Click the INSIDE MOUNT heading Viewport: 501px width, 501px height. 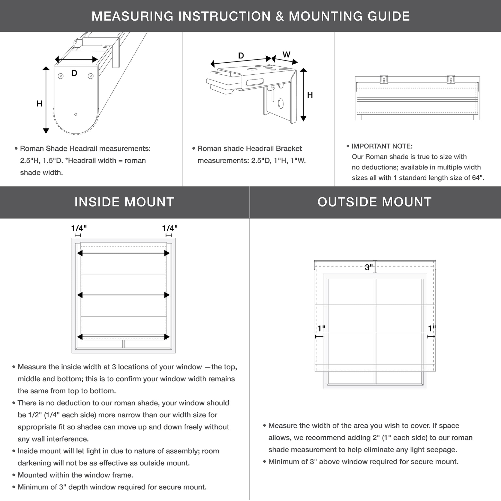pos(124,202)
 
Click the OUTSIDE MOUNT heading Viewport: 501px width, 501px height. pos(374,202)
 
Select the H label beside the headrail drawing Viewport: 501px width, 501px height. pos(39,104)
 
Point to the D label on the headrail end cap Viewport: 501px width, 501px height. pos(74,73)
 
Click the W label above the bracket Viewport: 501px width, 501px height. pos(286,55)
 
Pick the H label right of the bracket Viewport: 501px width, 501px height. pos(310,95)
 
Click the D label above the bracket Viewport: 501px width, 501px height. pos(241,56)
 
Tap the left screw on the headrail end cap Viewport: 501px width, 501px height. pos(61,76)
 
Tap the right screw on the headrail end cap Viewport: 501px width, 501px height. pos(91,76)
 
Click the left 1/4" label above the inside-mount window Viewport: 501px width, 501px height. pos(79,228)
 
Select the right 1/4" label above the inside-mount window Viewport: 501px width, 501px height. pos(170,228)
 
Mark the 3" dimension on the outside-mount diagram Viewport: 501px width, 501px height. pos(368,267)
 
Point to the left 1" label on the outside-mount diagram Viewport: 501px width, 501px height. pos(321,329)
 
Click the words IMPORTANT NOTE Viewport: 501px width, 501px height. pos(382,146)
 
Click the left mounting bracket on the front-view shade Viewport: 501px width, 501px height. pos(384,79)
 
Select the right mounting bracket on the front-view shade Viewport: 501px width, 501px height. pos(451,79)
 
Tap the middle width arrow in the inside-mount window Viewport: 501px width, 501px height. pos(123,295)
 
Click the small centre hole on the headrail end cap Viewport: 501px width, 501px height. pos(76,114)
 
